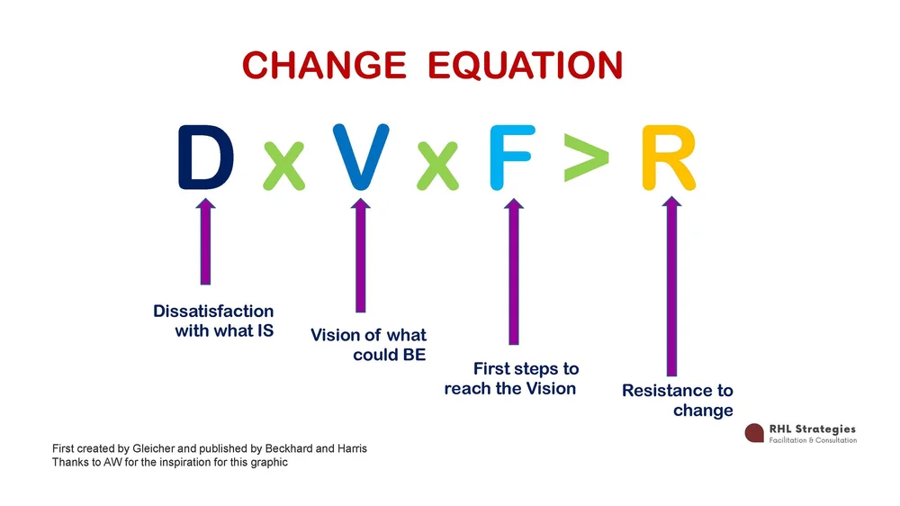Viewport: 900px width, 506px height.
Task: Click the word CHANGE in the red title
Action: (x=324, y=66)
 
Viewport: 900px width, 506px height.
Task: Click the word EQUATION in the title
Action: (x=525, y=66)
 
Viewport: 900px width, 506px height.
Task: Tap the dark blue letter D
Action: (x=205, y=158)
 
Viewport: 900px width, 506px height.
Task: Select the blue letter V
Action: (x=361, y=158)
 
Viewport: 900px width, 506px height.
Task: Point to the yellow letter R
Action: (x=669, y=159)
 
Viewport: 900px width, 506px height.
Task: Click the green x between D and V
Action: (x=283, y=167)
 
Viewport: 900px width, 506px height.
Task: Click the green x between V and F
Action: (x=437, y=167)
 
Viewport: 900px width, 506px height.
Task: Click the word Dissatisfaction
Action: (x=213, y=312)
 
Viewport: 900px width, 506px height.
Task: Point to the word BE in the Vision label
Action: (x=413, y=355)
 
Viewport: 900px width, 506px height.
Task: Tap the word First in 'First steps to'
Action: (x=492, y=369)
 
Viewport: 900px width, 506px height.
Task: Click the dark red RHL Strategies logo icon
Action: (x=754, y=433)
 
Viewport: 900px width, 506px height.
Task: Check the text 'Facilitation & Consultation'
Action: (x=813, y=440)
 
